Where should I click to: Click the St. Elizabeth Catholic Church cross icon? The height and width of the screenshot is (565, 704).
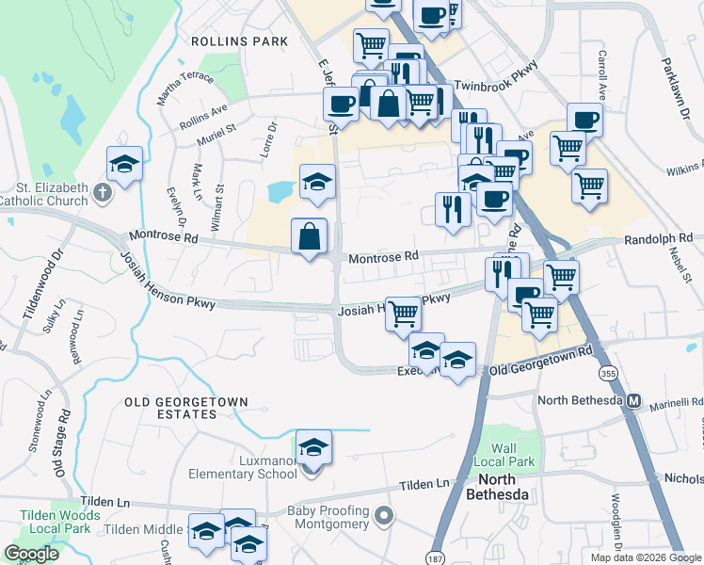click(104, 194)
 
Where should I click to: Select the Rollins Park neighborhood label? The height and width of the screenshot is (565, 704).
click(239, 42)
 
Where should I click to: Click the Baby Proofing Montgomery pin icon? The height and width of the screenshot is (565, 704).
click(382, 516)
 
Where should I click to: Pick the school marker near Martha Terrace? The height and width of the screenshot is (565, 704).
click(124, 164)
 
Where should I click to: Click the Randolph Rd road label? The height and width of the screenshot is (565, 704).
click(658, 238)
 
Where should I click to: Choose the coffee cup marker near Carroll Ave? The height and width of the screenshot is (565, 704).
click(584, 121)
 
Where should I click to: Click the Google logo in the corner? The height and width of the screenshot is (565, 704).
click(31, 554)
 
